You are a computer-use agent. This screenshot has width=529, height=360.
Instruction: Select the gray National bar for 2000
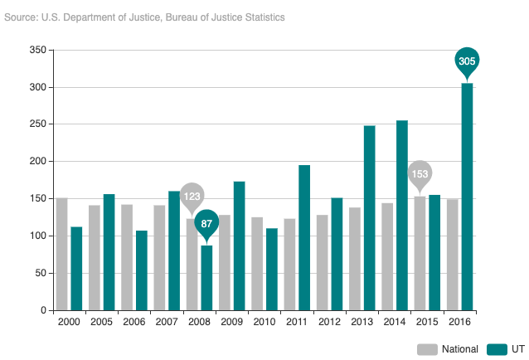tap(61, 254)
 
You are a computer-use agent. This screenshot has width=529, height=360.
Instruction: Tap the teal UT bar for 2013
tap(369, 218)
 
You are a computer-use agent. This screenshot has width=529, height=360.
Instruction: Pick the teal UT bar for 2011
tap(304, 237)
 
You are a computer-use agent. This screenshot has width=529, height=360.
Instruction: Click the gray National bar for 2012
tap(322, 262)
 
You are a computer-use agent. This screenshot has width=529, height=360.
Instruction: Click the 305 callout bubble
tap(467, 61)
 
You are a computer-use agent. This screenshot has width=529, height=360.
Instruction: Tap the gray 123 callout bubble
tap(192, 197)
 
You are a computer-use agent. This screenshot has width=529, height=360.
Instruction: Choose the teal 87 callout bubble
tap(206, 223)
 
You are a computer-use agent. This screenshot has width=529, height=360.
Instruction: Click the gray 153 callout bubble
tap(420, 174)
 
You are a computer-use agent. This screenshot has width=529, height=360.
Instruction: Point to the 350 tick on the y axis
tap(36, 51)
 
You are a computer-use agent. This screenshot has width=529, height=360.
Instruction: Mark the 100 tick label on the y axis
tap(36, 236)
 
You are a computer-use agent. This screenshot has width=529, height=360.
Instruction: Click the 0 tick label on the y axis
tap(42, 310)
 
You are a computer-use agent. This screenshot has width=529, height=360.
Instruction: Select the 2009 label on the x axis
tap(231, 322)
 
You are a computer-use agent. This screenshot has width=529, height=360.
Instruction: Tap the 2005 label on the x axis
tap(101, 322)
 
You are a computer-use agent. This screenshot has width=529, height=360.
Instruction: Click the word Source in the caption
tap(20, 17)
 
